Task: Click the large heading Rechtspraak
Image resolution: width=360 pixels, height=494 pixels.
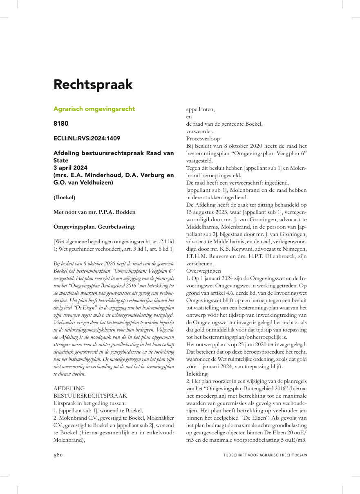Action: pyautogui.click(x=93, y=85)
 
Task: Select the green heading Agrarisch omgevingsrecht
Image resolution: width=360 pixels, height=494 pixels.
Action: pyautogui.click(x=94, y=109)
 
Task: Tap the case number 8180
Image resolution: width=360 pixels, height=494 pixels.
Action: pyautogui.click(x=61, y=123)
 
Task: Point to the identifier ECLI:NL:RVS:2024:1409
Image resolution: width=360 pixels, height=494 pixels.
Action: pyautogui.click(x=87, y=139)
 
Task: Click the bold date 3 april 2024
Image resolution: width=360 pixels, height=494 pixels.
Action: pyautogui.click(x=70, y=168)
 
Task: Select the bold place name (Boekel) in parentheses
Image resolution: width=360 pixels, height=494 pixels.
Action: pyautogui.click(x=65, y=197)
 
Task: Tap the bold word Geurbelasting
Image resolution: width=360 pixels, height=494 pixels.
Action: pyautogui.click(x=117, y=226)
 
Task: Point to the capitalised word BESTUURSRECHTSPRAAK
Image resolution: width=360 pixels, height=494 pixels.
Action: pyautogui.click(x=90, y=396)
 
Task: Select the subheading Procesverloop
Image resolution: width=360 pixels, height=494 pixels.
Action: pyautogui.click(x=203, y=139)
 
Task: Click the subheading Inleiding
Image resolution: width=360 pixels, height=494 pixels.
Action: pyautogui.click(x=197, y=374)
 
